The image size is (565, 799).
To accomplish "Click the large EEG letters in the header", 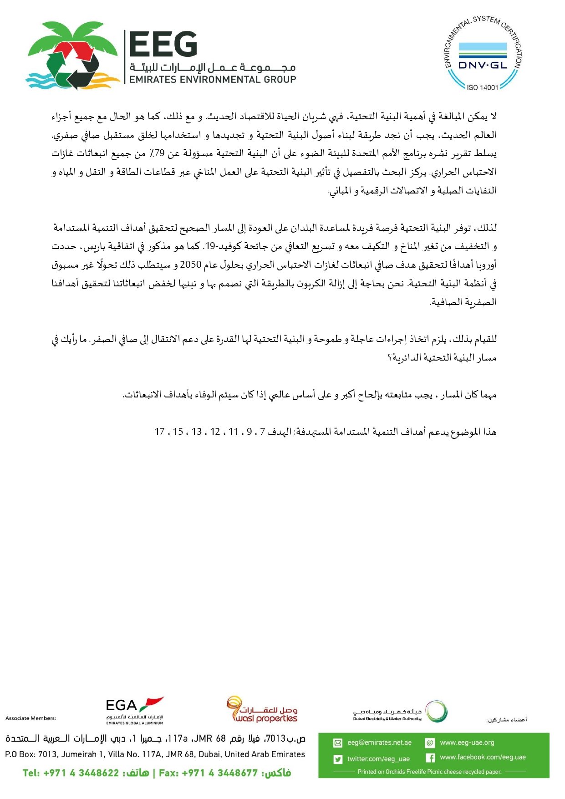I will (163, 45).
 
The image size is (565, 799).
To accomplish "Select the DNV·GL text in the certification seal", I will (483, 65).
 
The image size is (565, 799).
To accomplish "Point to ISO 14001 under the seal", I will (483, 87).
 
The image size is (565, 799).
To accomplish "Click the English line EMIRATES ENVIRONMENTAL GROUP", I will (213, 80).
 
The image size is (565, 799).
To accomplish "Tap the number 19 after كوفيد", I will (209, 246).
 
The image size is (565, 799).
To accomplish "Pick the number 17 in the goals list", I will (159, 431).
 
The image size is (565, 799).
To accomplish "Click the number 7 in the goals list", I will (263, 431).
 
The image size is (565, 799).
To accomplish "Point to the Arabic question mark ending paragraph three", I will (390, 358).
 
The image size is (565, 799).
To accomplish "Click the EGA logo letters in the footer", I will (121, 706).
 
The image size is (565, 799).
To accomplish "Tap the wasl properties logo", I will (263, 711).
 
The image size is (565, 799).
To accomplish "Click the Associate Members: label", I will (31, 718).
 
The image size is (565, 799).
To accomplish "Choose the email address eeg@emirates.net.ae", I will (379, 743).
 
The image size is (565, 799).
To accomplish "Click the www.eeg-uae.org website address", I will (467, 743).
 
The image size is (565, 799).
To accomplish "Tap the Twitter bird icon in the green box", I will (338, 759).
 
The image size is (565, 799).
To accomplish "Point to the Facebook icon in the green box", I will (430, 758).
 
